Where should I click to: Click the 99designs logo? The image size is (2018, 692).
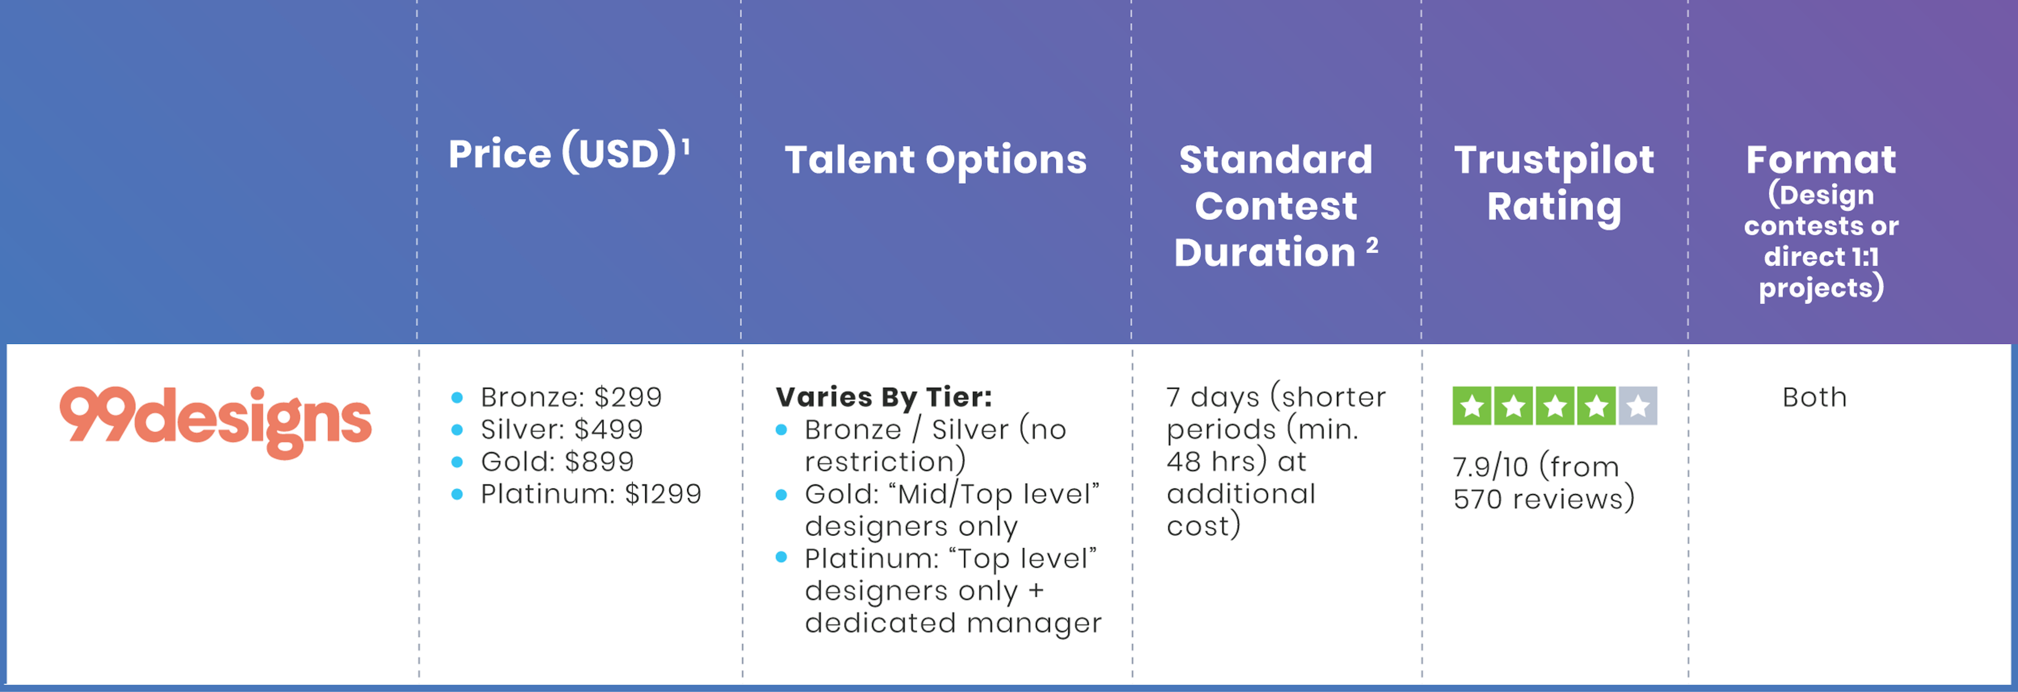215,422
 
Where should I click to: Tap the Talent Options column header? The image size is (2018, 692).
936,160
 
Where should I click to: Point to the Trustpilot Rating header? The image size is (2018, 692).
1554,183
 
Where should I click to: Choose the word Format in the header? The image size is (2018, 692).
1821,160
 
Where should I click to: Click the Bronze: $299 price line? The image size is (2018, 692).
571,397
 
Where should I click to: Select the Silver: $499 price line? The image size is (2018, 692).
562,429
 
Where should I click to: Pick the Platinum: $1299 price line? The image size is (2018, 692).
591,493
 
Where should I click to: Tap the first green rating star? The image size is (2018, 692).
1472,406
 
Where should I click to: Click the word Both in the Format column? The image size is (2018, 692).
1814,397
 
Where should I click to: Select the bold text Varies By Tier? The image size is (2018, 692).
884,397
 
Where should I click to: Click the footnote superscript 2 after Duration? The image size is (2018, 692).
1372,245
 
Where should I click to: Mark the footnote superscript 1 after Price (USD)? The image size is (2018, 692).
686,146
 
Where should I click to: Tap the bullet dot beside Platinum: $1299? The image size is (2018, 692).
458,494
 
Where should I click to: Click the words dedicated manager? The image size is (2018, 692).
952,623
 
